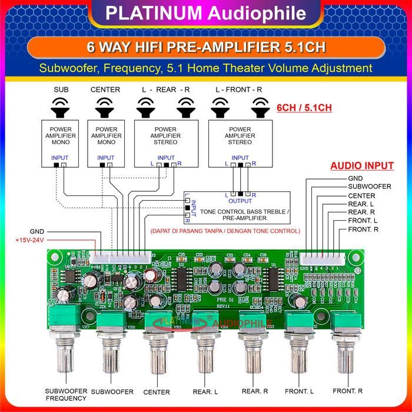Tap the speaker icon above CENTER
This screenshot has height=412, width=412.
tap(105, 107)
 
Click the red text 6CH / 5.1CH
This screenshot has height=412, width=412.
tap(304, 108)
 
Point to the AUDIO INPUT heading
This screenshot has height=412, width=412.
tap(361, 166)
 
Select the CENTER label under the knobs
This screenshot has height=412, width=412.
tap(156, 392)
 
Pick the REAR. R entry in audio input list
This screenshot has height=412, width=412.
tap(361, 212)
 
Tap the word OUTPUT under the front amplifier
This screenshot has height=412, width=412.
tap(240, 201)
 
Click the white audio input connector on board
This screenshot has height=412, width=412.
tap(322, 258)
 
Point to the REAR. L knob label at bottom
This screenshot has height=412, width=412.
tap(205, 391)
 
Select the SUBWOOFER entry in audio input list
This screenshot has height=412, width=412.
tap(370, 187)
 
